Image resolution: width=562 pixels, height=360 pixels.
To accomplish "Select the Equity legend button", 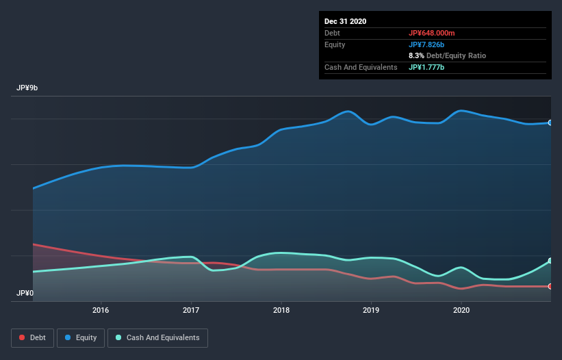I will [x=81, y=337].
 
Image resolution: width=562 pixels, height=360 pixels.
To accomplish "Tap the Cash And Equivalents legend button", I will [x=157, y=337].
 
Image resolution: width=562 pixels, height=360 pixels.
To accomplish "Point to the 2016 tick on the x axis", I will [x=101, y=309].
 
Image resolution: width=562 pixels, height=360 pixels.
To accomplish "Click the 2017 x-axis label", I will [x=191, y=309].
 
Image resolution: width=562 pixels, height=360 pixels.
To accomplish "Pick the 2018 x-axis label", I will [x=281, y=309].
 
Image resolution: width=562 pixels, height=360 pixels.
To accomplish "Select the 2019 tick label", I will [x=371, y=309].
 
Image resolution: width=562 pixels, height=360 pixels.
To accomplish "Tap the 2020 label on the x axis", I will [x=461, y=309].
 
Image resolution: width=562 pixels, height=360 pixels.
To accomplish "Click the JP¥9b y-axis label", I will [x=27, y=88].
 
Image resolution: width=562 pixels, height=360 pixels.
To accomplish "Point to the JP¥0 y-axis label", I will [x=25, y=293].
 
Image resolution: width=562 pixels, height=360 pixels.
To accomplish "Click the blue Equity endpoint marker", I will [x=550, y=123].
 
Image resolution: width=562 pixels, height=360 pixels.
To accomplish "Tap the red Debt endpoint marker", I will [x=550, y=286].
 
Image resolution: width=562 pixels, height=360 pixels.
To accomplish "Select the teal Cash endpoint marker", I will [x=550, y=261].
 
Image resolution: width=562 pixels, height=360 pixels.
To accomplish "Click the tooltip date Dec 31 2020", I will [x=346, y=21].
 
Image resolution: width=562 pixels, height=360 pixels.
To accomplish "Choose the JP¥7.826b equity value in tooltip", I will [x=428, y=44].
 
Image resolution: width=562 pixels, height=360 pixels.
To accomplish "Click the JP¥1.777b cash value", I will [x=426, y=67].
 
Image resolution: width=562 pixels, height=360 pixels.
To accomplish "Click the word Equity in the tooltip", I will [x=335, y=44].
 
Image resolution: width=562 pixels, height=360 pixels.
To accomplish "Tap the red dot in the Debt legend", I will [x=23, y=337].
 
